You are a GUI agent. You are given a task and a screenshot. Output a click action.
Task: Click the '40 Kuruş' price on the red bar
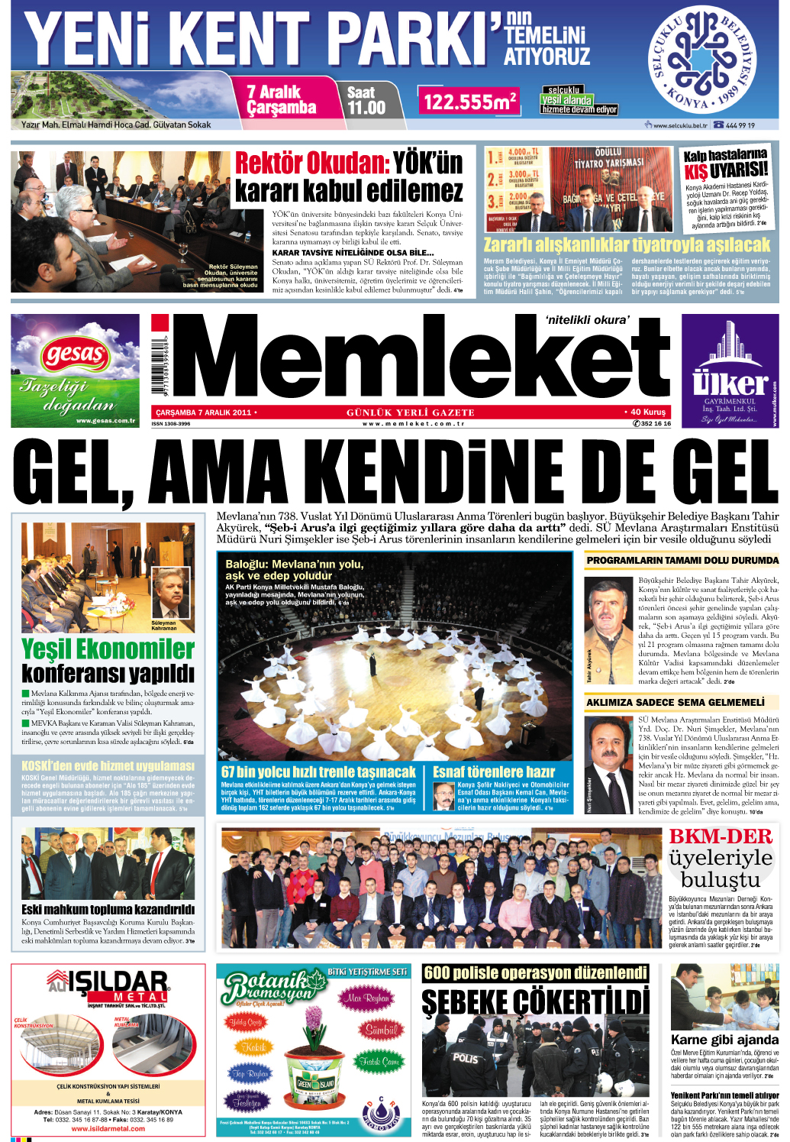[x=647, y=412]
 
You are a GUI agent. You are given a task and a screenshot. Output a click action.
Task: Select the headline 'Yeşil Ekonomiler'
[x=108, y=649]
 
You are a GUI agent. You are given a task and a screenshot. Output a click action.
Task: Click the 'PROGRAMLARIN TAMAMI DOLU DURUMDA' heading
[x=682, y=561]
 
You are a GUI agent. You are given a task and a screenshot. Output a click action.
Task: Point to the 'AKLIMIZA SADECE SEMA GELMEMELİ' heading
[x=675, y=702]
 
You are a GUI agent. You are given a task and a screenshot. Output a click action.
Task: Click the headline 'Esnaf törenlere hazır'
[x=494, y=772]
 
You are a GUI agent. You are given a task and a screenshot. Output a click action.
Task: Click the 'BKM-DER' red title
[x=721, y=836]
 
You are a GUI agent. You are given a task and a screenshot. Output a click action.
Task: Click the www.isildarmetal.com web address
[x=108, y=1128]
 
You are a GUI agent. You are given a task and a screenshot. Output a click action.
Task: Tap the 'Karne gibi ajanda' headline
[x=724, y=1040]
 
